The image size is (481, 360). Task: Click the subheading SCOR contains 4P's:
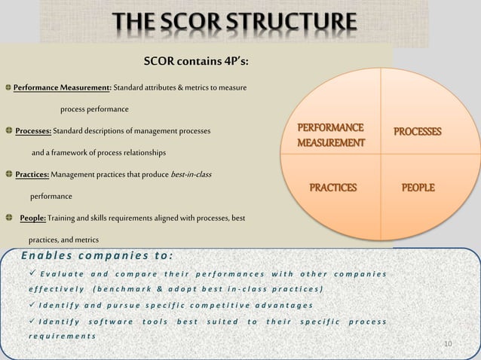point(190,61)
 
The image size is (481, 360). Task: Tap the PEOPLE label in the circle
point(417,187)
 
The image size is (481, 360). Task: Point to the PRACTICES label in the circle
point(331,187)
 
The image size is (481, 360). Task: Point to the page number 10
point(448,344)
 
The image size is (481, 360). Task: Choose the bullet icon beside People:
point(8,218)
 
